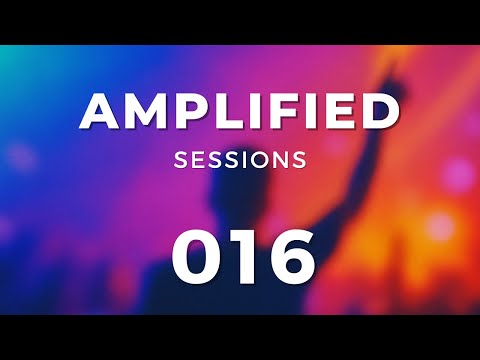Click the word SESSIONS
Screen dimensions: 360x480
click(x=240, y=159)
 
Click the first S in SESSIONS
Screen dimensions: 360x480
click(x=180, y=159)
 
